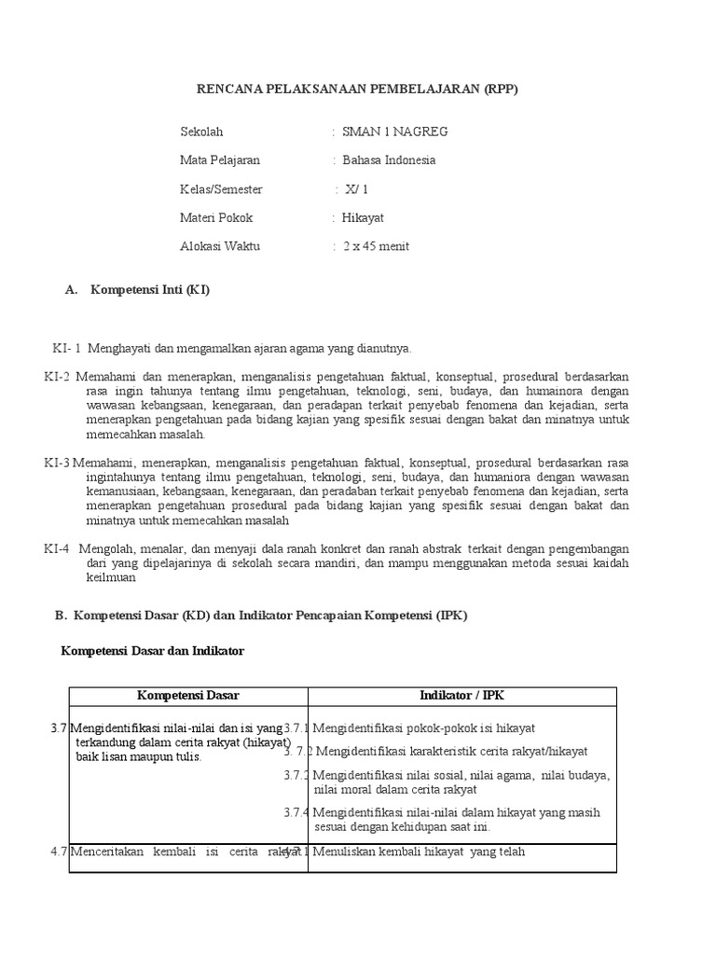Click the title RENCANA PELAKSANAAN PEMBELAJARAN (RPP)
pos(356,90)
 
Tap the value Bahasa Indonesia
pos(389,160)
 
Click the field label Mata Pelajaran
pos(220,160)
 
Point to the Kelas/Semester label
pos(221,189)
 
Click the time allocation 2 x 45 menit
pos(376,247)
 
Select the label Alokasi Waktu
pos(220,247)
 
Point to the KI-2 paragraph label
pos(57,377)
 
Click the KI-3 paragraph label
pos(57,463)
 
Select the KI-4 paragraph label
pos(57,548)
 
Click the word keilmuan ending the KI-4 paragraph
pos(112,577)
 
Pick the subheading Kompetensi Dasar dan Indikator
pos(152,651)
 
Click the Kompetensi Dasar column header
pos(188,696)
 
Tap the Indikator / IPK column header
pos(461,696)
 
